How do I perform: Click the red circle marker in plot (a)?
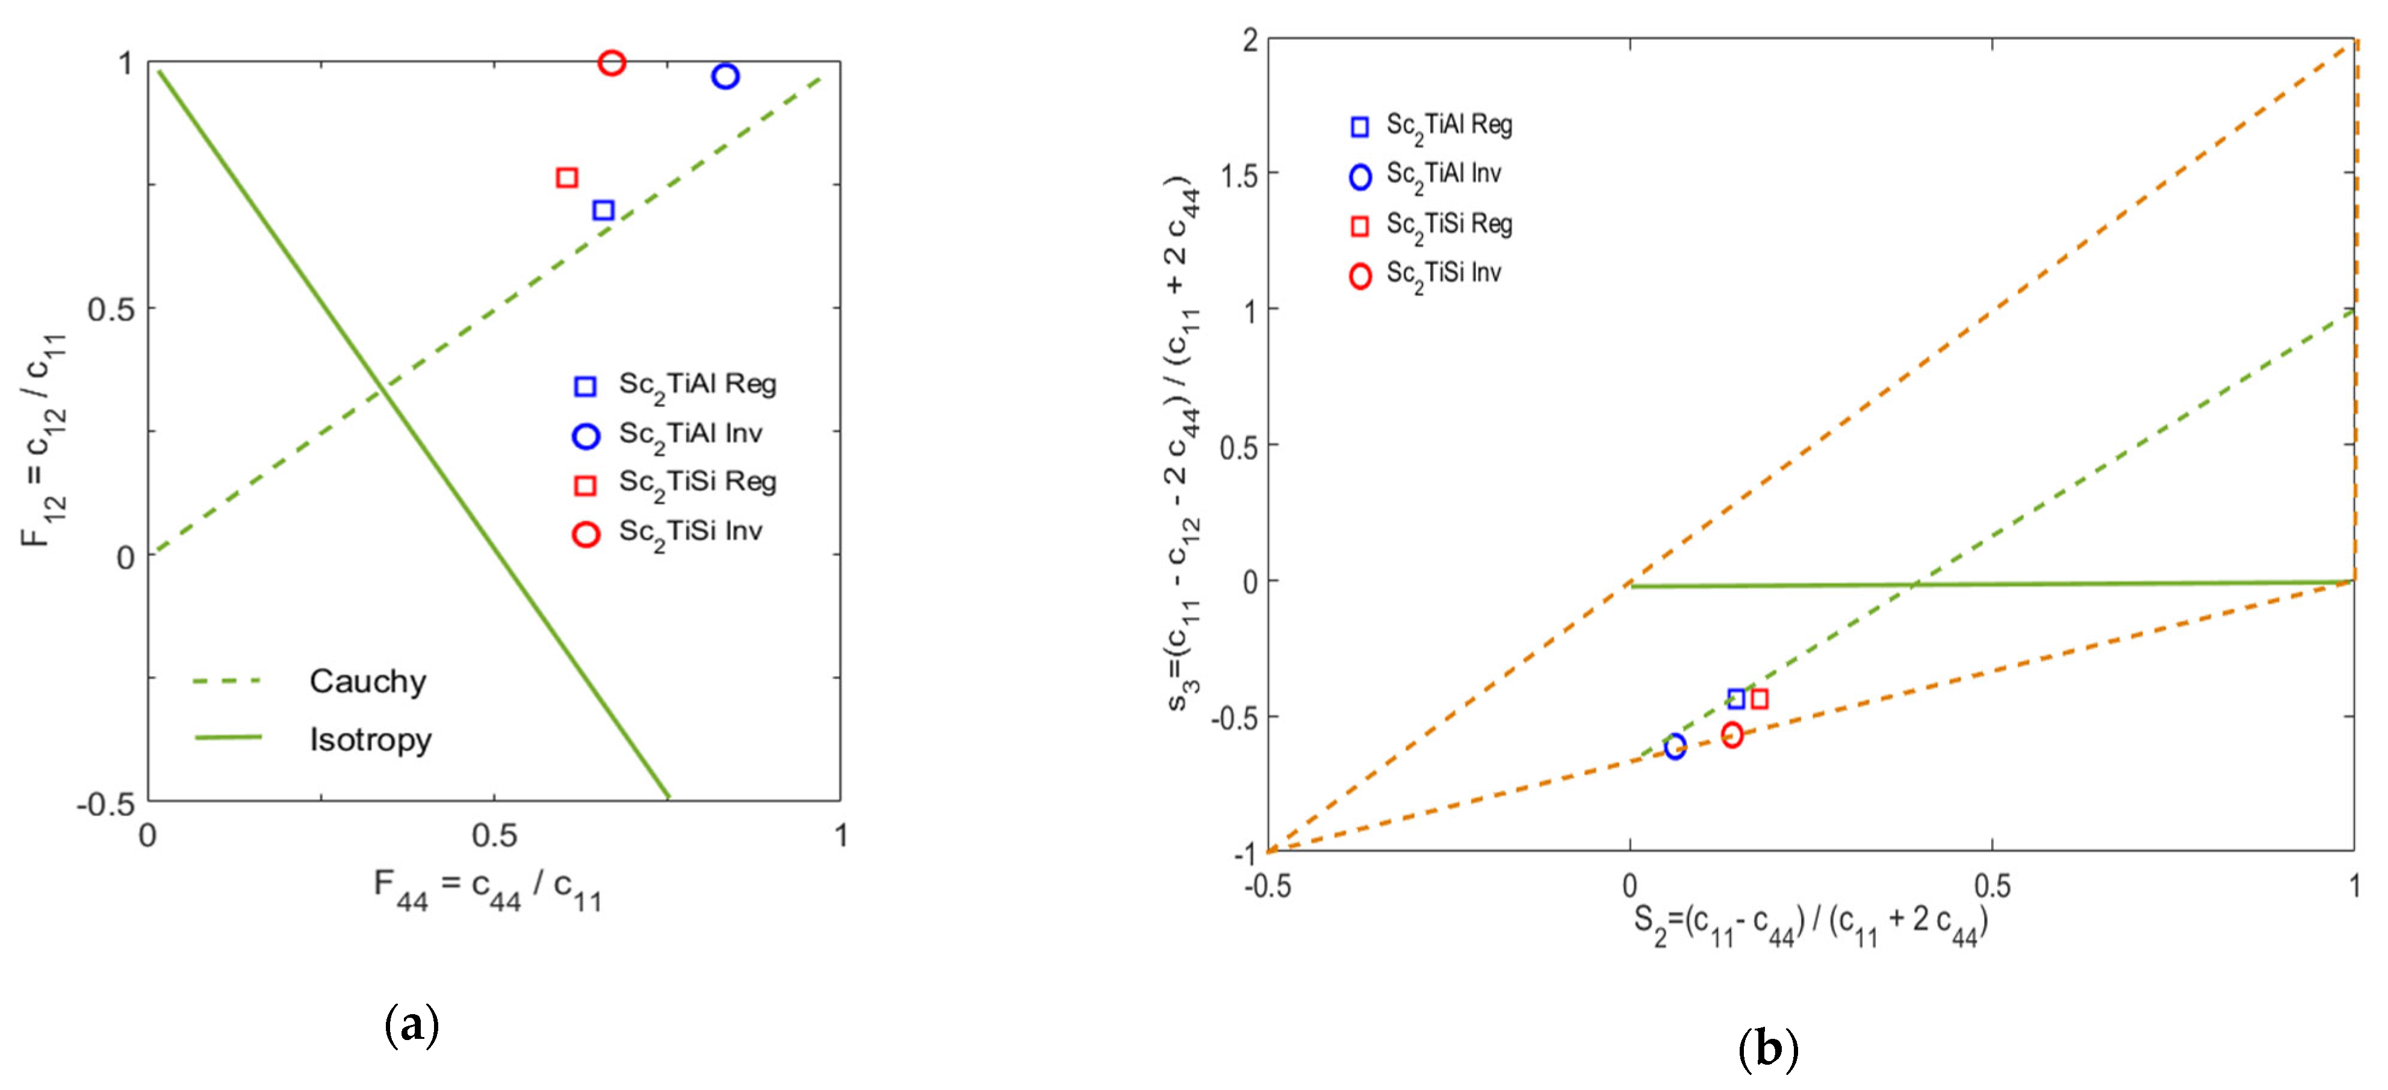pyautogui.click(x=611, y=63)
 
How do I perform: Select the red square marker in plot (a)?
pyautogui.click(x=567, y=177)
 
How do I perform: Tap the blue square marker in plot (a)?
pyautogui.click(x=604, y=211)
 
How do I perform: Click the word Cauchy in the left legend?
pyautogui.click(x=367, y=681)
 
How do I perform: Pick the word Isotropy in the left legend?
pyautogui.click(x=370, y=740)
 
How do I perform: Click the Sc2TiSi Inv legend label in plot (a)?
pyautogui.click(x=690, y=533)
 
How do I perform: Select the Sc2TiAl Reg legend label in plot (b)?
pyautogui.click(x=1449, y=126)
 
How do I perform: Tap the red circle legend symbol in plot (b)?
pyautogui.click(x=1360, y=276)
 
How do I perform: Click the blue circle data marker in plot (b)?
pyautogui.click(x=1674, y=747)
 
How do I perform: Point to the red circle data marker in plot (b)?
pyautogui.click(x=1732, y=735)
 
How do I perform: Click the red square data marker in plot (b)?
pyautogui.click(x=1758, y=699)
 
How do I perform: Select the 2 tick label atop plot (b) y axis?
pyautogui.click(x=1250, y=41)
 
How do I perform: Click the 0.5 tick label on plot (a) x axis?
pyautogui.click(x=494, y=836)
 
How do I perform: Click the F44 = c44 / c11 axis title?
pyautogui.click(x=488, y=889)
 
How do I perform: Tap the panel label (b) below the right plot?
pyautogui.click(x=1768, y=1048)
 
